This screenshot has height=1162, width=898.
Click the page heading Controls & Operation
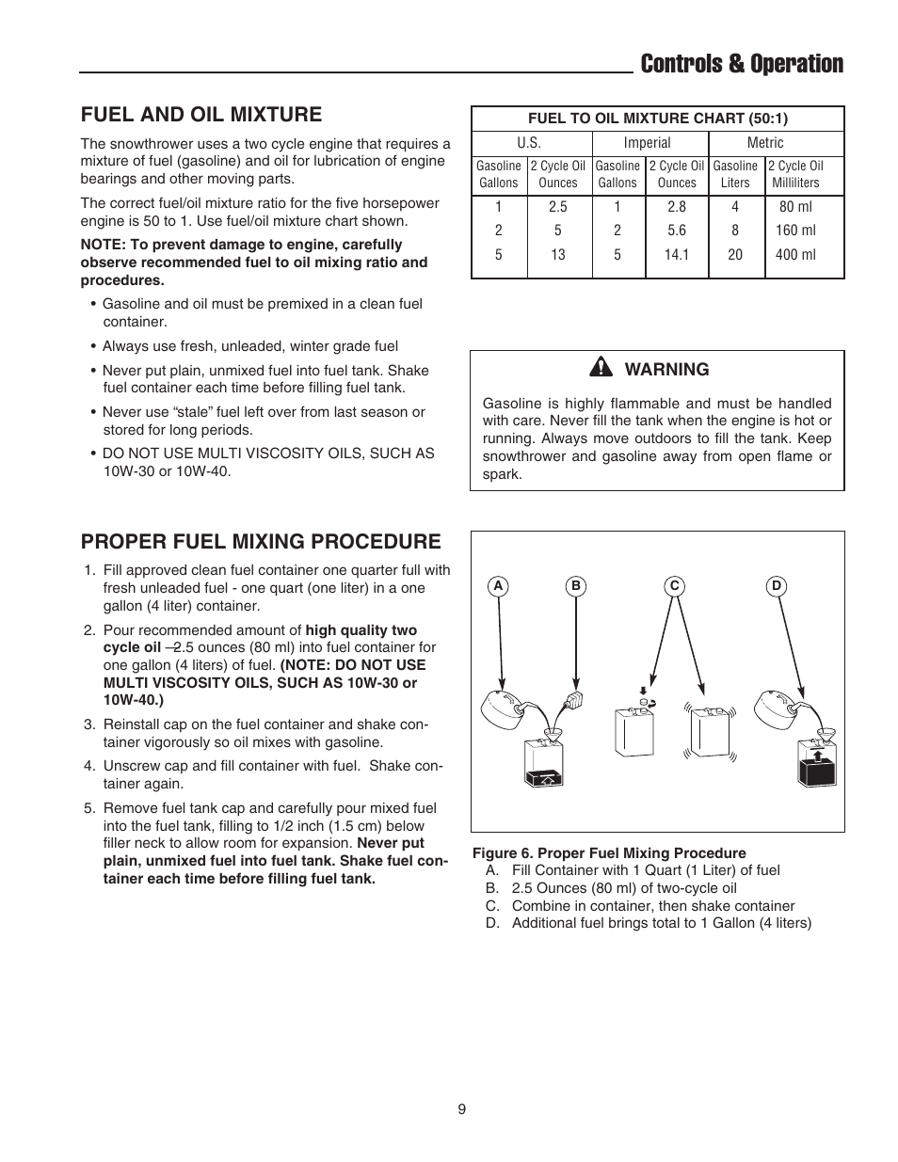[741, 64]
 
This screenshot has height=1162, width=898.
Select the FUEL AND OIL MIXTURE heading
[200, 114]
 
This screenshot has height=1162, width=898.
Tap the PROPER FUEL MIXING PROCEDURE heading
[260, 541]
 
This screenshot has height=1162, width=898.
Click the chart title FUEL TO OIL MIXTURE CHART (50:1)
[657, 119]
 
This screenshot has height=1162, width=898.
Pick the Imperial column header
[647, 143]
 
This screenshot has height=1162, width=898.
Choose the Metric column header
[764, 143]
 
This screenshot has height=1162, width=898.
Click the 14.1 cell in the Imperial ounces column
[676, 254]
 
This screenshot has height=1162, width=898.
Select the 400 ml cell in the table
[794, 254]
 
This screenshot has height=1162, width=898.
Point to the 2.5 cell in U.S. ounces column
[557, 207]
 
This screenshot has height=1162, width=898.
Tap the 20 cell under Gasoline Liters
[734, 254]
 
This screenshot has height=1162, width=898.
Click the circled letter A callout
[499, 586]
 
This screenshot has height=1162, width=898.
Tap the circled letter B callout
[575, 586]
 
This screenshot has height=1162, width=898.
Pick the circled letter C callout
[674, 586]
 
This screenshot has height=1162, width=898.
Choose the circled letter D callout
[777, 586]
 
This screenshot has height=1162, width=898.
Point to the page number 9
[461, 1109]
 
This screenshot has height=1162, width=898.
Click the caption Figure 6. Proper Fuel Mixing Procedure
[608, 852]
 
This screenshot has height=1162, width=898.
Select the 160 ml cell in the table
[794, 231]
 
